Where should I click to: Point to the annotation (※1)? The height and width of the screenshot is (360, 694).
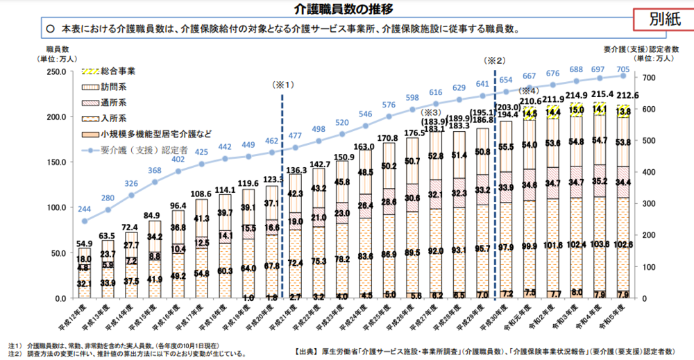(x=283, y=85)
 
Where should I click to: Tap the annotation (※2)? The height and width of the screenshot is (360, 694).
(x=496, y=60)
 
